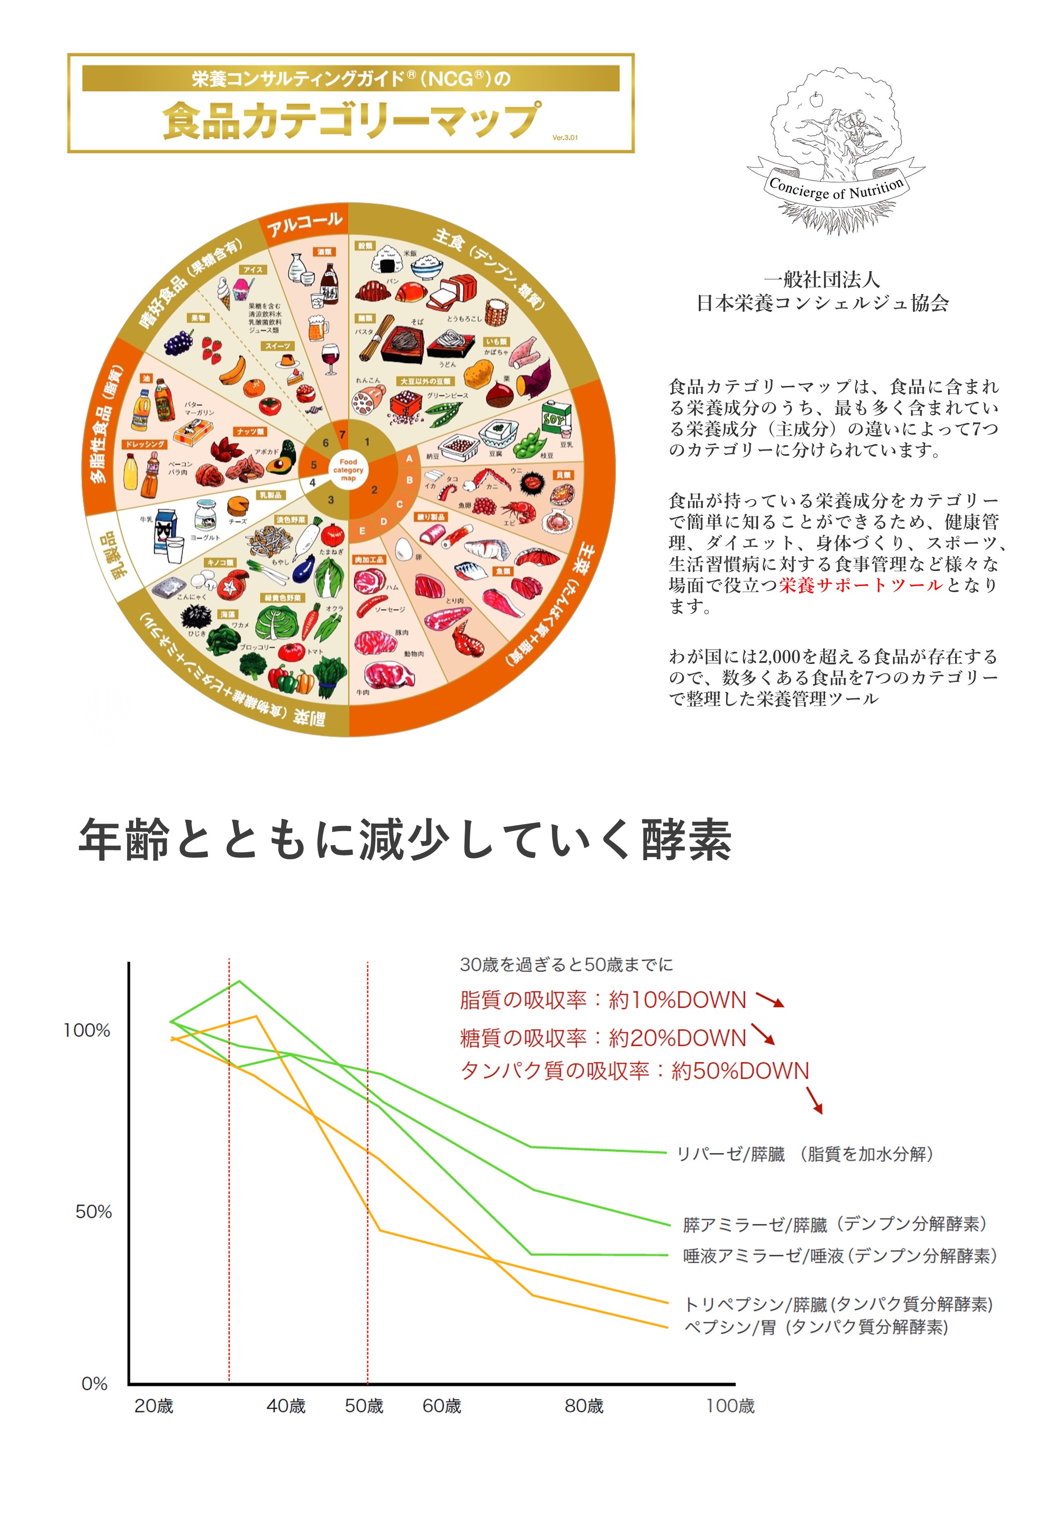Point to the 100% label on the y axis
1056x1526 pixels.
pyautogui.click(x=87, y=1030)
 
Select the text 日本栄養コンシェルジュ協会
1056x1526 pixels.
pyautogui.click(x=822, y=303)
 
